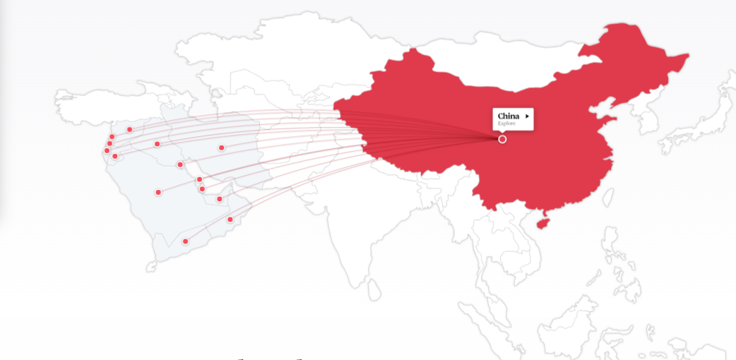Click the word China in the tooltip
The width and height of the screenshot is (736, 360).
[509, 116]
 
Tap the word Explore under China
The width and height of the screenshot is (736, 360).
[506, 124]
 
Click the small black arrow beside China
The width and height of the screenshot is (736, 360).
[528, 116]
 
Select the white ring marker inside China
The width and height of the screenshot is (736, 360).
[502, 140]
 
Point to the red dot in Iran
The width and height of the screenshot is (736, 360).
[221, 148]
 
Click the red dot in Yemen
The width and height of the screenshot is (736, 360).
[186, 241]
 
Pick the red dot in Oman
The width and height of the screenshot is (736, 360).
[230, 220]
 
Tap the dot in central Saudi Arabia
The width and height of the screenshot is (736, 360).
[158, 192]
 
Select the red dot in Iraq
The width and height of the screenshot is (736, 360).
[157, 144]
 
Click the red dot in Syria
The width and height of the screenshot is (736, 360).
[129, 129]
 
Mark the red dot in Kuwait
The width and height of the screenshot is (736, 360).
[180, 164]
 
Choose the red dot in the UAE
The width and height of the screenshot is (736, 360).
[219, 199]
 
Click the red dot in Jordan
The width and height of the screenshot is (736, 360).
[115, 156]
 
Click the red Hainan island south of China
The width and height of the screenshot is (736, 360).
[542, 222]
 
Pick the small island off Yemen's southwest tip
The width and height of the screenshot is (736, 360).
[150, 268]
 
